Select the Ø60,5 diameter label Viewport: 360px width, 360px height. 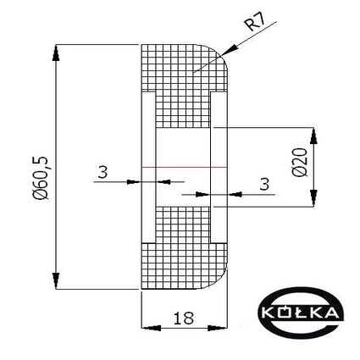tap(42, 178)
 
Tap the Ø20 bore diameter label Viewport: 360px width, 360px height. tap(300, 163)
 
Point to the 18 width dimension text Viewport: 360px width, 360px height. tap(184, 318)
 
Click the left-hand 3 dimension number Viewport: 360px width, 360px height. tap(102, 172)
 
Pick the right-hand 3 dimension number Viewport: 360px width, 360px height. tap(264, 184)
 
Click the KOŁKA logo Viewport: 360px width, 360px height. tap(302, 312)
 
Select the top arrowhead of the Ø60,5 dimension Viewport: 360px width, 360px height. tap(56, 53)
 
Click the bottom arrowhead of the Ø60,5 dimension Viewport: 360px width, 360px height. tap(56, 281)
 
